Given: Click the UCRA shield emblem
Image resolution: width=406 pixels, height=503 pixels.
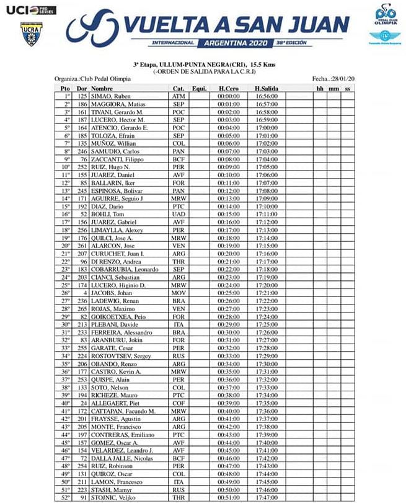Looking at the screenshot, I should [x=28, y=33].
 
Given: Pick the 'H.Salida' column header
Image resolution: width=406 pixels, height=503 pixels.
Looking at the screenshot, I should [x=266, y=89].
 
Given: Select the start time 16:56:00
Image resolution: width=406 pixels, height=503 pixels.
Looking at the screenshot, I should [x=266, y=97].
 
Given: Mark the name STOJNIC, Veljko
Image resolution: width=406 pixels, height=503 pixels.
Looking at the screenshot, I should [x=113, y=497].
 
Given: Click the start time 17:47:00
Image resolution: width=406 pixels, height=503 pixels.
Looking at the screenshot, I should [x=266, y=497].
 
